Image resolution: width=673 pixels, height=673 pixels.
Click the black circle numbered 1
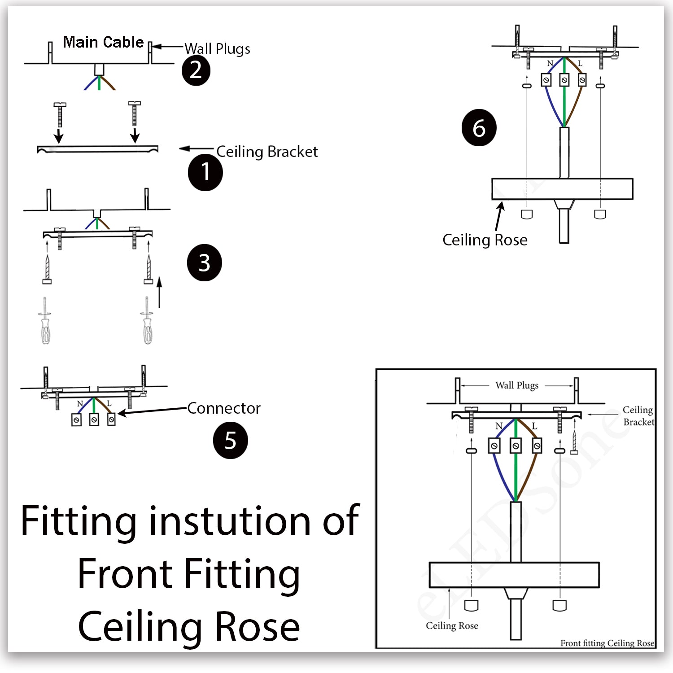click(205, 172)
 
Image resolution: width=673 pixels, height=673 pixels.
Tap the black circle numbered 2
click(196, 70)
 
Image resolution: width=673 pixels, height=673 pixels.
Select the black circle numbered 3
click(204, 263)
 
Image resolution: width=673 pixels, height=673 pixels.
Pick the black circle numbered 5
click(230, 441)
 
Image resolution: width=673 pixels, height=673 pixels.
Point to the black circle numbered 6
click(479, 128)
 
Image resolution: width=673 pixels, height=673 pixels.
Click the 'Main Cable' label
click(103, 42)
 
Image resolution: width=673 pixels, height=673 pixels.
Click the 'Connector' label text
click(223, 408)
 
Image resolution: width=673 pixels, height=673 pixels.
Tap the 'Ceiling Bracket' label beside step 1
click(267, 152)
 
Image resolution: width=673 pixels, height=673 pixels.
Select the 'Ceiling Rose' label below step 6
click(485, 240)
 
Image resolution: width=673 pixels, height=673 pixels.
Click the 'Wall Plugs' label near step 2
click(217, 48)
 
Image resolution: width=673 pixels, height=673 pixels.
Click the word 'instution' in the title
click(230, 521)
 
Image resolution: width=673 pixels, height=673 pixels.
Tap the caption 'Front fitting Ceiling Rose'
click(607, 643)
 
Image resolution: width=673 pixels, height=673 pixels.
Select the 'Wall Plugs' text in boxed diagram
click(517, 385)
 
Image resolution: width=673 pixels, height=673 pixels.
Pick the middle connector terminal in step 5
click(94, 420)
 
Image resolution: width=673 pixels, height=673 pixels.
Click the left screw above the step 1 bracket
click(59, 114)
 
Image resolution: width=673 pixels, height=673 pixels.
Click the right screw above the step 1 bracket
click(134, 114)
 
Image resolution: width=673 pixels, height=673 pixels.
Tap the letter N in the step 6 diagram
click(550, 63)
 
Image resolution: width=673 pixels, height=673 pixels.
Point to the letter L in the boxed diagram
click(534, 426)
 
